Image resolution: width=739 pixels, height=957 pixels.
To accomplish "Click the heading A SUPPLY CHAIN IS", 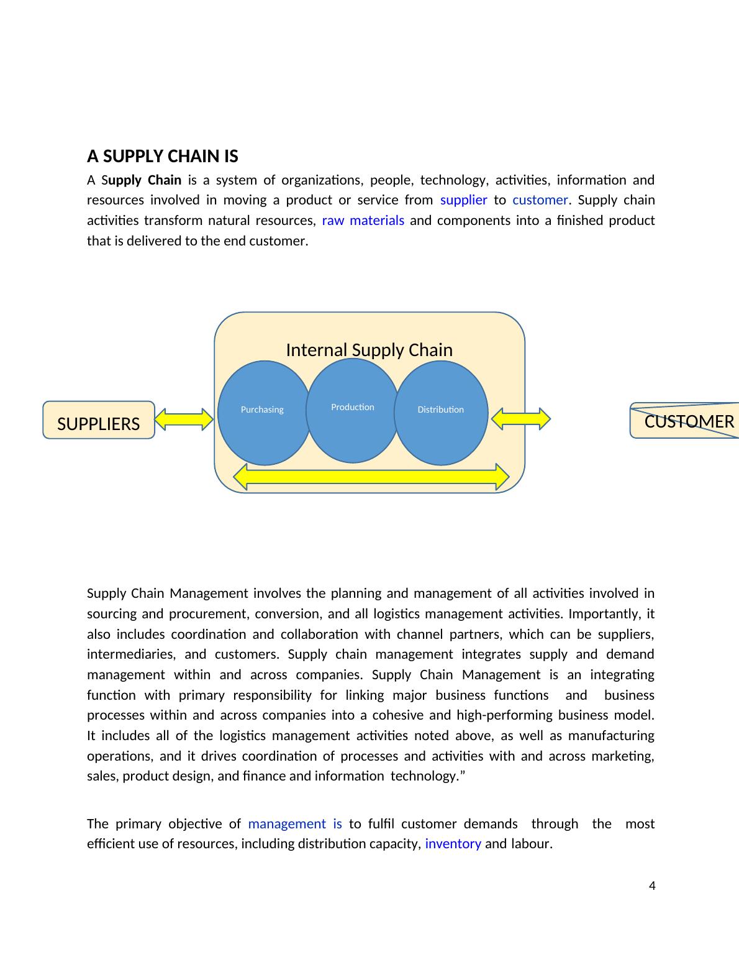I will point(162,156).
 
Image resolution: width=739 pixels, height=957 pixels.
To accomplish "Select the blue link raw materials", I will point(363,221).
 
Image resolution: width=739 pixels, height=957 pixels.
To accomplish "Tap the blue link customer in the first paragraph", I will point(540,200).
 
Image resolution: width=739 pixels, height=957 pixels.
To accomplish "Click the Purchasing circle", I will point(263,413).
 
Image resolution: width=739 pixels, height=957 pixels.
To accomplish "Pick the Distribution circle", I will point(440,413).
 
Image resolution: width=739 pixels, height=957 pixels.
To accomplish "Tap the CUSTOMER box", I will point(686,421).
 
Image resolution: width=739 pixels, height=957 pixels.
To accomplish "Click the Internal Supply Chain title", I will point(369,350).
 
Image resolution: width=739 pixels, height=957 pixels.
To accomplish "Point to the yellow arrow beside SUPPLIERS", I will point(184,419).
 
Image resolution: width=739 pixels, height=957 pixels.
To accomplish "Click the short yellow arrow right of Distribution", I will point(520,419).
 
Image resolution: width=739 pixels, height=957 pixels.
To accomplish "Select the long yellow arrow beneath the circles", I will point(371,477).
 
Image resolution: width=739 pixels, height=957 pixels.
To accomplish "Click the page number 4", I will point(651,886).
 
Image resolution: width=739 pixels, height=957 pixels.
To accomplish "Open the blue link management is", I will point(295,824).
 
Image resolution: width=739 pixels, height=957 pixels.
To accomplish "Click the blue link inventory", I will point(453,844).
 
